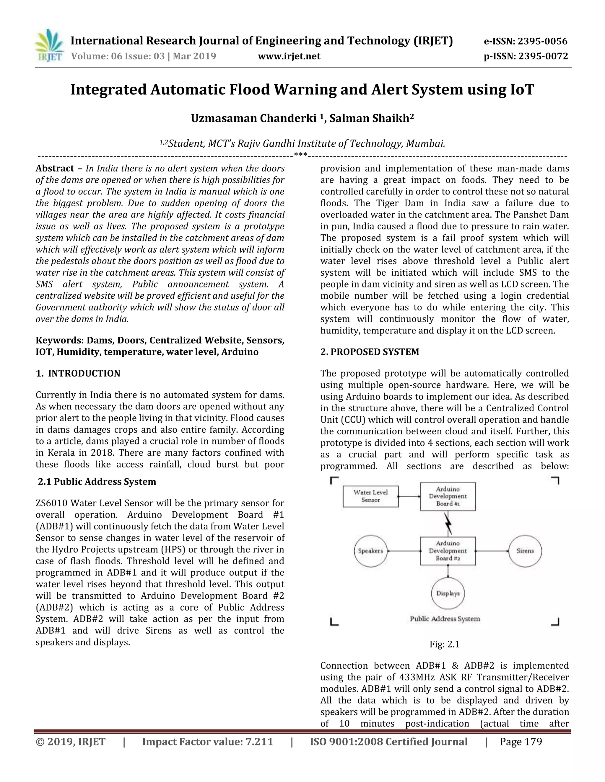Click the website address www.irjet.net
pyautogui.click(x=289, y=56)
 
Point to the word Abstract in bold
pyautogui.click(x=54, y=168)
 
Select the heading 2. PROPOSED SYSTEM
pyautogui.click(x=370, y=352)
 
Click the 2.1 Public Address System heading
pyautogui.click(x=97, y=482)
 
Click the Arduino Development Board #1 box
pyautogui.click(x=448, y=496)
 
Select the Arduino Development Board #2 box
pyautogui.click(x=448, y=551)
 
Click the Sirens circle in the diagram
pyautogui.click(x=525, y=551)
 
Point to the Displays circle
pyautogui.click(x=448, y=593)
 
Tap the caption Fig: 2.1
pyautogui.click(x=444, y=644)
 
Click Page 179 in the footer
pyautogui.click(x=521, y=742)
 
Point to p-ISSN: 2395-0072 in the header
pyautogui.click(x=526, y=56)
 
